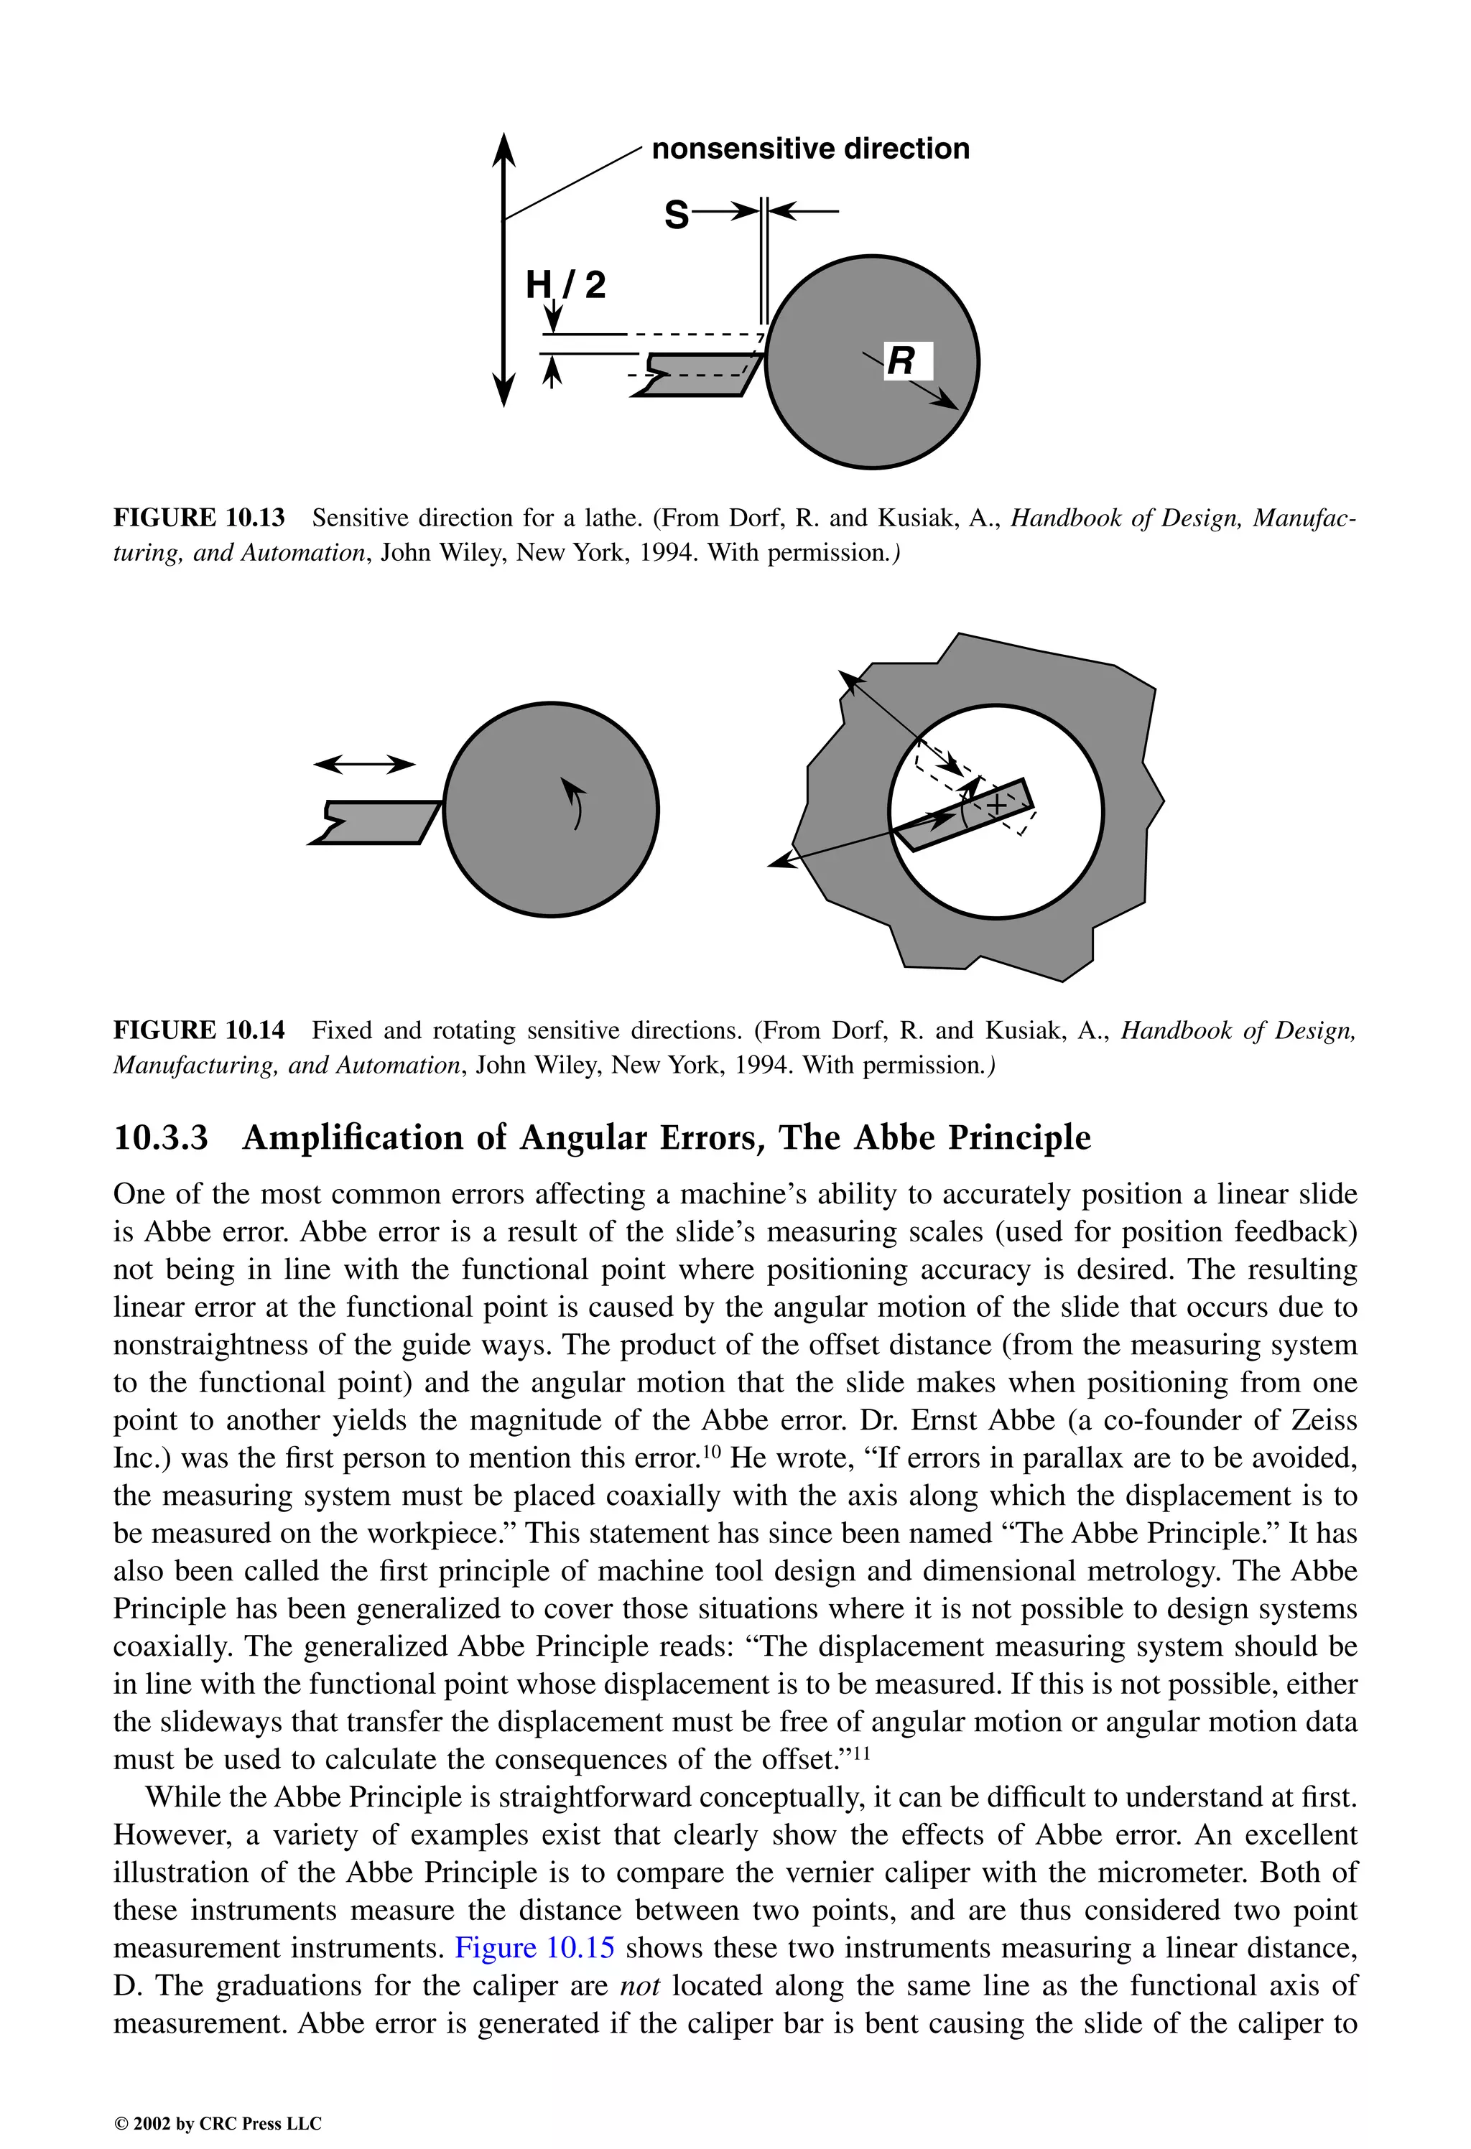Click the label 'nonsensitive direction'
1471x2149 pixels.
click(810, 149)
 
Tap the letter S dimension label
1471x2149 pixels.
click(677, 215)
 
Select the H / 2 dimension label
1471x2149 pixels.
click(565, 284)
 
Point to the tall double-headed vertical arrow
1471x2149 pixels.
click(504, 268)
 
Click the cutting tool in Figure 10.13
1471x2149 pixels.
click(703, 375)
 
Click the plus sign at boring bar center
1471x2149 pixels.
click(996, 806)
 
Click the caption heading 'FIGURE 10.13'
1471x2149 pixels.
click(199, 518)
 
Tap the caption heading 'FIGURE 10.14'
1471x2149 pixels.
click(199, 1030)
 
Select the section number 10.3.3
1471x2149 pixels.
click(160, 1137)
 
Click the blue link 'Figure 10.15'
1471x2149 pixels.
click(534, 1947)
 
